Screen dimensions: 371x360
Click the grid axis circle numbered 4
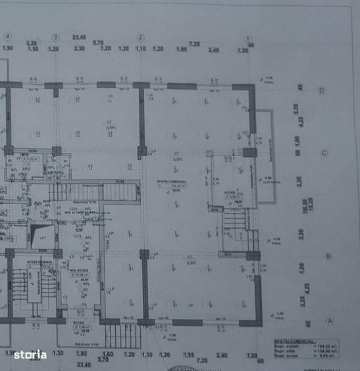[x=8, y=37]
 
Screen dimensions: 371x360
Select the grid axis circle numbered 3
[x=55, y=37]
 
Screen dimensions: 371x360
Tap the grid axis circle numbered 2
[x=140, y=37]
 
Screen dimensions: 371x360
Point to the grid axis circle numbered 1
[x=249, y=38]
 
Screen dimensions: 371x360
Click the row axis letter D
[x=322, y=90]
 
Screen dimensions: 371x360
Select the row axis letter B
[x=328, y=257]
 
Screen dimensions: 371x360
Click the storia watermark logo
[x=30, y=355]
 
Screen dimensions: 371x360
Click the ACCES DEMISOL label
[x=39, y=262]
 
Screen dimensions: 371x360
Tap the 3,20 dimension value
[x=31, y=43]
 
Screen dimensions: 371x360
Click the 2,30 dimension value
[x=80, y=49]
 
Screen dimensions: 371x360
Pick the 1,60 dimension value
[x=108, y=354]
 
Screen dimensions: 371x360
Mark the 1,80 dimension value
[x=82, y=354]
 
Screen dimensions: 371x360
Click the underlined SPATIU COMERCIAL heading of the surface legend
[x=292, y=342]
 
